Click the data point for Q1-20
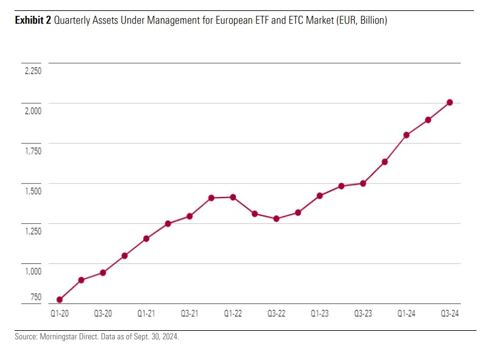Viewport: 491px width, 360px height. (60, 300)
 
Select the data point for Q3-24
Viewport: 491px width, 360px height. (450, 102)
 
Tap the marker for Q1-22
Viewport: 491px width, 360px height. (233, 197)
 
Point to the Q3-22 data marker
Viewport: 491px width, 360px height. (276, 218)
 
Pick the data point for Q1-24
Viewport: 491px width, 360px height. (407, 135)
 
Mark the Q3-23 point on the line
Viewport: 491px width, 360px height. (363, 183)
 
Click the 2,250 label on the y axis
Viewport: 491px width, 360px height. (33, 71)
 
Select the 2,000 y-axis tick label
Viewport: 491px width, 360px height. (33, 111)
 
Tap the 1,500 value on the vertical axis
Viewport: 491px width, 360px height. (33, 191)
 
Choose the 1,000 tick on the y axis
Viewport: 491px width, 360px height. (33, 271)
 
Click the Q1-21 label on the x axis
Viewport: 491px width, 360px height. (146, 314)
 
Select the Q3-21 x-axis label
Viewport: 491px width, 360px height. (190, 314)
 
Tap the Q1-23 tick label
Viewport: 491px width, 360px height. (320, 314)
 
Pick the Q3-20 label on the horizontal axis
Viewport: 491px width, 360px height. (103, 314)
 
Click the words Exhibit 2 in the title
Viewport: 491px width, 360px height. (33, 21)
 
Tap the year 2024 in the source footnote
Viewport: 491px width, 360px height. (168, 336)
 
